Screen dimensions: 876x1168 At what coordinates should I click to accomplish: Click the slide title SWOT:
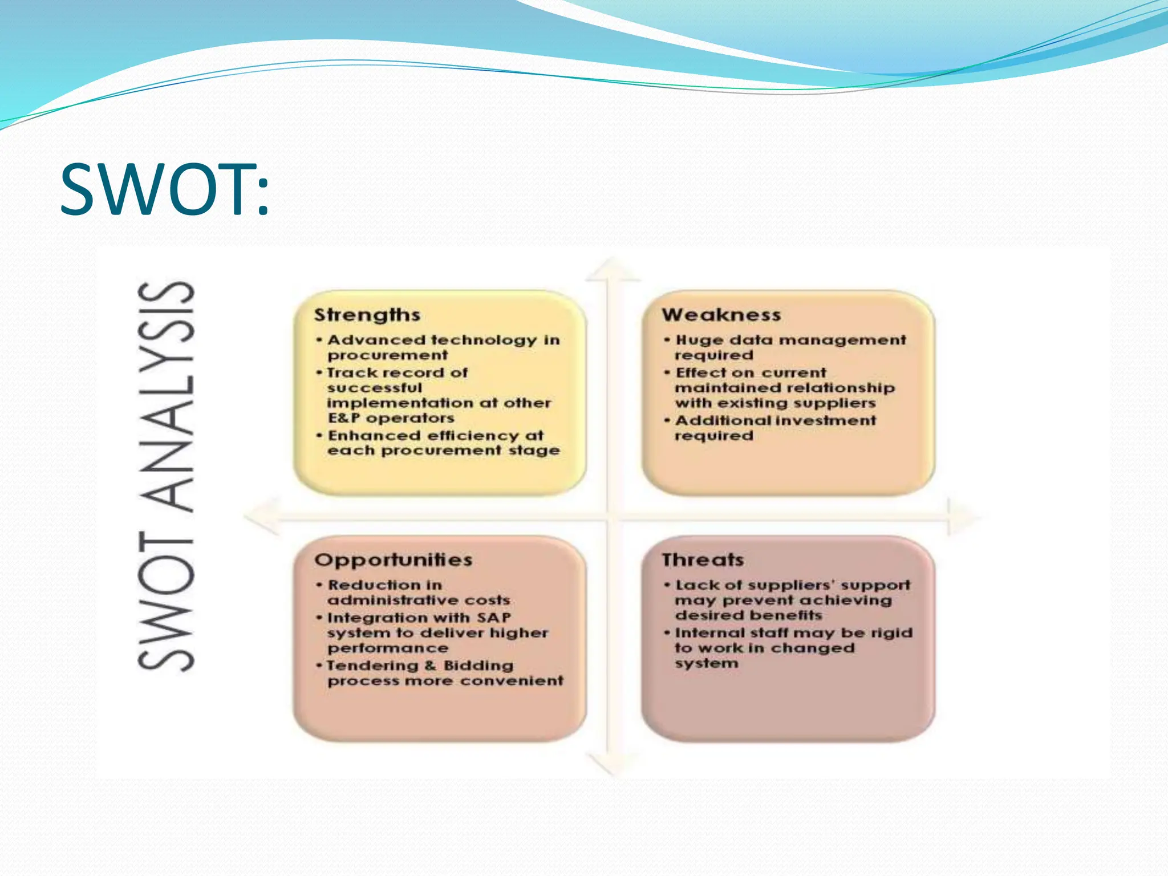coord(164,189)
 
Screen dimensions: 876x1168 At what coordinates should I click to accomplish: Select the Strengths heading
coord(367,315)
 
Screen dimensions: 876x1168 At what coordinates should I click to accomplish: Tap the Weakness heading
coord(721,315)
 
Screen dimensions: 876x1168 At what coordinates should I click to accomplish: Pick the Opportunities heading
coord(393,560)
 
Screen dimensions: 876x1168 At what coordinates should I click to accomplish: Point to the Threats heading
coord(703,560)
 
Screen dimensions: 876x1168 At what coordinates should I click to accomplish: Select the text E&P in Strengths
coord(343,418)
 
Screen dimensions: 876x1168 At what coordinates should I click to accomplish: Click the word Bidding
coord(478,666)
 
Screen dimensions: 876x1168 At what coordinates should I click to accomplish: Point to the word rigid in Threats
coord(892,633)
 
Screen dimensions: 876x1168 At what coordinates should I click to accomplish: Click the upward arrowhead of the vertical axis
coord(613,269)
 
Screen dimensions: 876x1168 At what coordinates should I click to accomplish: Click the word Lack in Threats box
coord(693,585)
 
